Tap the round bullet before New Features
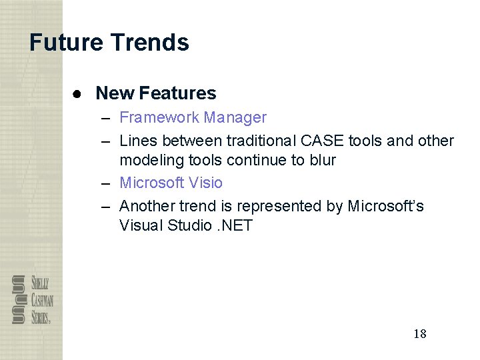pos(78,94)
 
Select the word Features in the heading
pos(178,93)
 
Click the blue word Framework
pos(159,118)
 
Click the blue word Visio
pos(205,183)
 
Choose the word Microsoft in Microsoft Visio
pos(152,183)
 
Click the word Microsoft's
pos(385,206)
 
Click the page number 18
pos(419,333)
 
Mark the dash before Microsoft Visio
pos(107,183)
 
